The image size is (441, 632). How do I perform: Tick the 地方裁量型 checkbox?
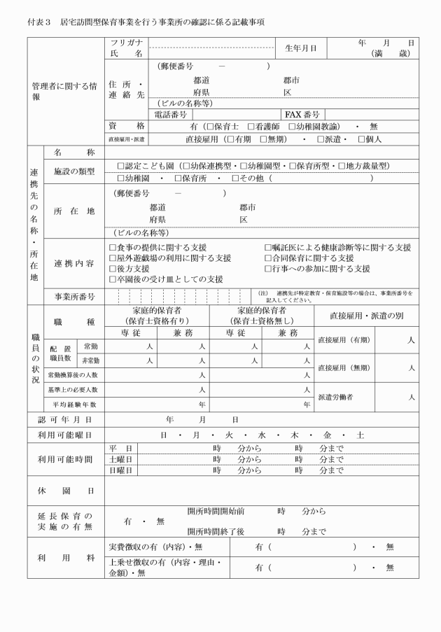click(339, 166)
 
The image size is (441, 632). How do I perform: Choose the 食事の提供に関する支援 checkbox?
click(113, 248)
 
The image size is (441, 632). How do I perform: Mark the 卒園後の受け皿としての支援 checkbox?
click(113, 279)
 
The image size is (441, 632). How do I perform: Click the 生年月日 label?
click(300, 48)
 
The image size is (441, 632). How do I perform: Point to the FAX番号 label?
click(302, 114)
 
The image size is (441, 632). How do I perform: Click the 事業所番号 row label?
click(76, 296)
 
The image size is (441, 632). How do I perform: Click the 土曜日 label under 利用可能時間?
click(121, 460)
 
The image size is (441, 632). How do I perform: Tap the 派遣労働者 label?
click(338, 397)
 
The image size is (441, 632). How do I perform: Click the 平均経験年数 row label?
click(73, 405)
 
